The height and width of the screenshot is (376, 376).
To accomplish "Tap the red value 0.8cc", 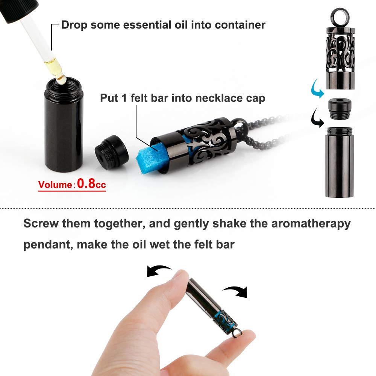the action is coord(91,183).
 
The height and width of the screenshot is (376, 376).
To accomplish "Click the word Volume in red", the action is coord(55,185).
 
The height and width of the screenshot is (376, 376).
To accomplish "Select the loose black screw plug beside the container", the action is coord(112,153).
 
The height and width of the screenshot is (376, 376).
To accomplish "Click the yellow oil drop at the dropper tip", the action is coord(62,79).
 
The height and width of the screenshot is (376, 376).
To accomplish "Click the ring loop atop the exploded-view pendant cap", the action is coord(340,17).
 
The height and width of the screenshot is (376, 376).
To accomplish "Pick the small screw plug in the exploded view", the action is coord(340,108).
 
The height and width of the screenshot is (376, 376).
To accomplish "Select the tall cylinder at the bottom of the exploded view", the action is coord(339,162).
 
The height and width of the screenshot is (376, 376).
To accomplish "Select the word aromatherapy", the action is coord(311,224).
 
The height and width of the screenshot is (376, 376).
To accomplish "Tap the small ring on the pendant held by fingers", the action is coord(237,333).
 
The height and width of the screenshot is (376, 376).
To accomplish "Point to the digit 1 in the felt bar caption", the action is coord(124,98).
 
